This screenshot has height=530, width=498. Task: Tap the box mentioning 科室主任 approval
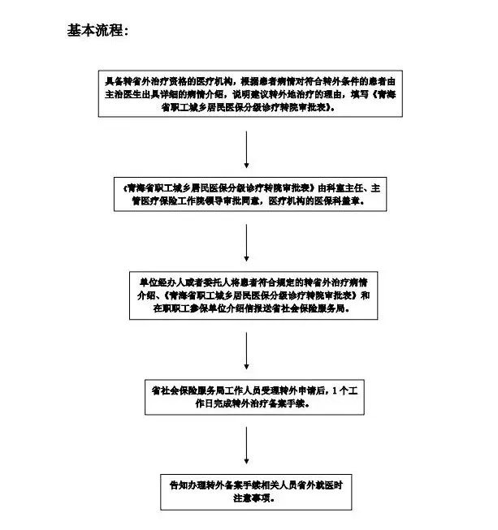pos(247,192)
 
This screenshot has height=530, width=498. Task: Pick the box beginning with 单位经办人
pos(247,295)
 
